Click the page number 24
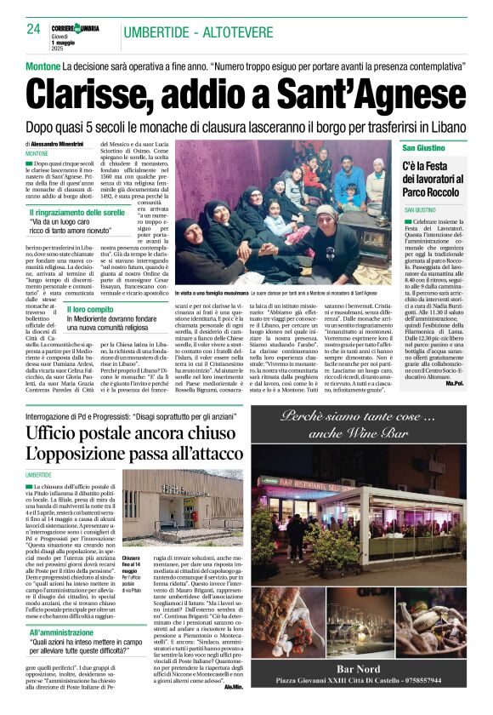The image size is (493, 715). (33, 29)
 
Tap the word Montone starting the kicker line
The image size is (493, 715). (43, 66)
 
